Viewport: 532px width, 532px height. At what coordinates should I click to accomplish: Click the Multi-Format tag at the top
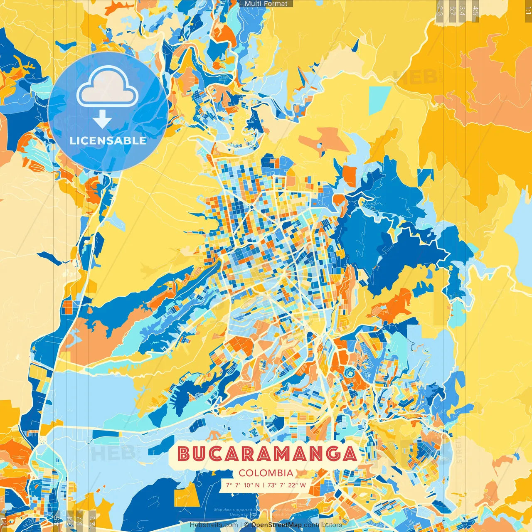tap(266, 4)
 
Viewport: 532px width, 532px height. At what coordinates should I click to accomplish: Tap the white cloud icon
tap(107, 87)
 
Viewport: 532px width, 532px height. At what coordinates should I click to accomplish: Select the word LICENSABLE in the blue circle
tap(108, 140)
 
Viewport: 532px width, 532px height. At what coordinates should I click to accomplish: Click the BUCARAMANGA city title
tap(267, 454)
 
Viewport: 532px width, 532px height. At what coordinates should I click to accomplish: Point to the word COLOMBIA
tap(266, 473)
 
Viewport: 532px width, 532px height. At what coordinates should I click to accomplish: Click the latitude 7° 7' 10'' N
tap(243, 485)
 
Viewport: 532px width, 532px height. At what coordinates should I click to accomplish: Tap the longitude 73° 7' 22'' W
tap(286, 485)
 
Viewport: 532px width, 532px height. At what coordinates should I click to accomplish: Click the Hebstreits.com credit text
tap(214, 525)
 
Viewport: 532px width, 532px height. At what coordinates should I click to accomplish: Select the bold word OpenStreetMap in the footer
tap(276, 525)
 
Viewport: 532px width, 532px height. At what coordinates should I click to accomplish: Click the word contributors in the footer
tap(323, 525)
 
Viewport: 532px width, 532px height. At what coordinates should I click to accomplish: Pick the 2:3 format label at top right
tap(440, 10)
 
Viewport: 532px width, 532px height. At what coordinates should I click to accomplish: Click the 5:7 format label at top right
tap(452, 10)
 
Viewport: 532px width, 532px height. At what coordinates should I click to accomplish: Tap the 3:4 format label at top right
tap(462, 10)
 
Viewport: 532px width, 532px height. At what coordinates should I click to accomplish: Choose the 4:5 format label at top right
tap(475, 10)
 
